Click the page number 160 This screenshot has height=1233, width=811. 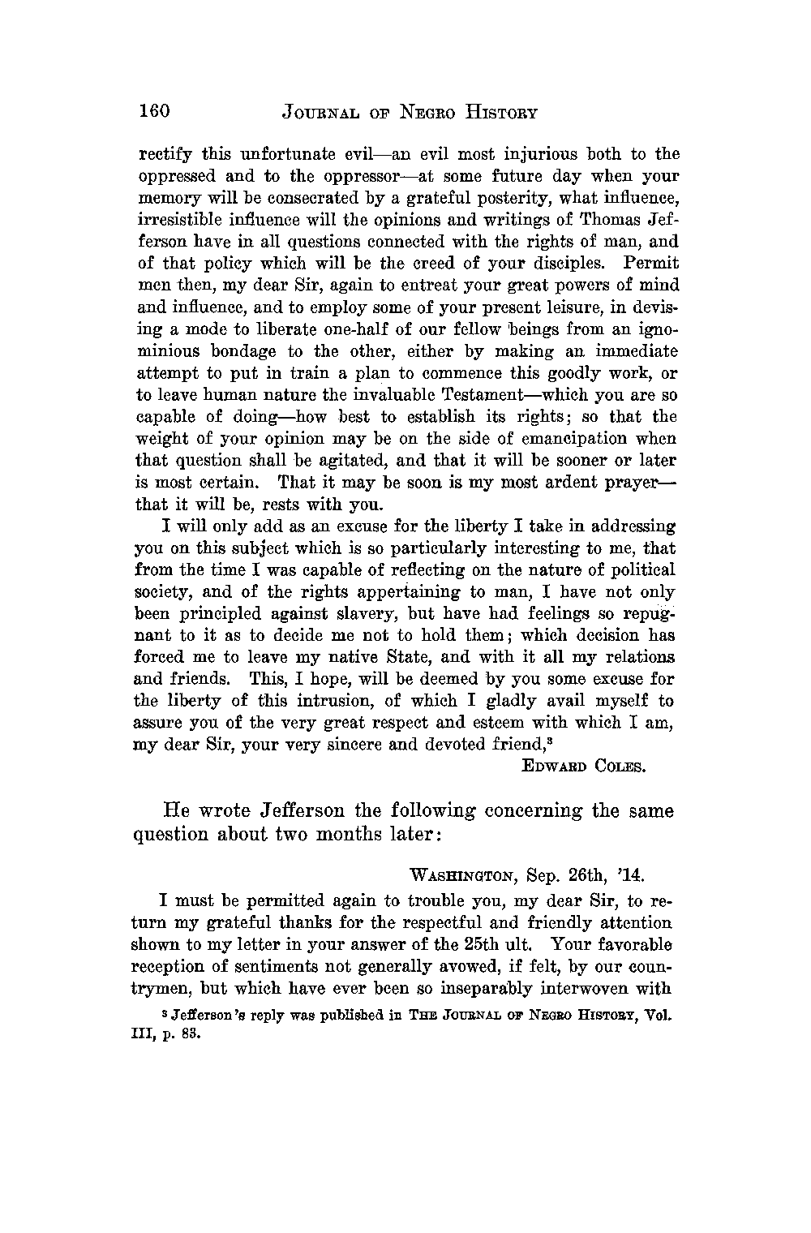[x=152, y=111]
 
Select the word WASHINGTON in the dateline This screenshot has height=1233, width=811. [x=462, y=876]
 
